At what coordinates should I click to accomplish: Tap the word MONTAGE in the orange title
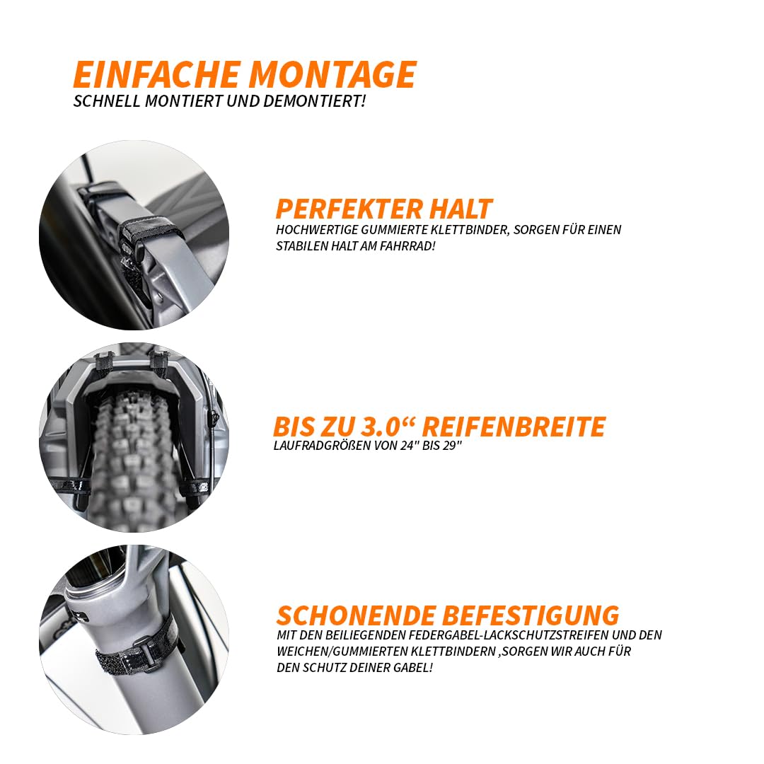(332, 74)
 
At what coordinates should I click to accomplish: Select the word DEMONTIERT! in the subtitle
(314, 101)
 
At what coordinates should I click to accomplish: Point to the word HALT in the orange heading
(461, 209)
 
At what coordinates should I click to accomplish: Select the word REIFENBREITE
(514, 427)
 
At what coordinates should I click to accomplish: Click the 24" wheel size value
(410, 446)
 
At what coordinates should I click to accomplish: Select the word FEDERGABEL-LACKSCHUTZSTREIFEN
(509, 635)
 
